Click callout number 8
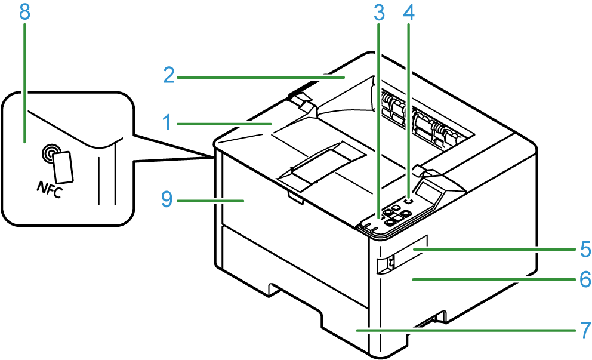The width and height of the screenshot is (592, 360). pyautogui.click(x=24, y=12)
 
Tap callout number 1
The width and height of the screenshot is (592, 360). pyautogui.click(x=167, y=123)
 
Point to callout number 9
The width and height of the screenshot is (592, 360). pyautogui.click(x=167, y=199)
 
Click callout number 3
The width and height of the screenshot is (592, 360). pyautogui.click(x=379, y=13)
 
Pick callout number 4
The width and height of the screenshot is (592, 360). pyautogui.click(x=409, y=13)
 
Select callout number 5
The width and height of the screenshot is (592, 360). pyautogui.click(x=585, y=249)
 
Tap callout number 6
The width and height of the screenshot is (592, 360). pyautogui.click(x=585, y=279)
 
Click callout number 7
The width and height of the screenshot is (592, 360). pyautogui.click(x=585, y=330)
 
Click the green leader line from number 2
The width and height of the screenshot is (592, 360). pyautogui.click(x=261, y=78)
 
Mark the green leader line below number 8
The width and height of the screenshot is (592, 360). pyautogui.click(x=25, y=83)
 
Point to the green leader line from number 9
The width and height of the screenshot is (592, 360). pyautogui.click(x=210, y=201)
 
